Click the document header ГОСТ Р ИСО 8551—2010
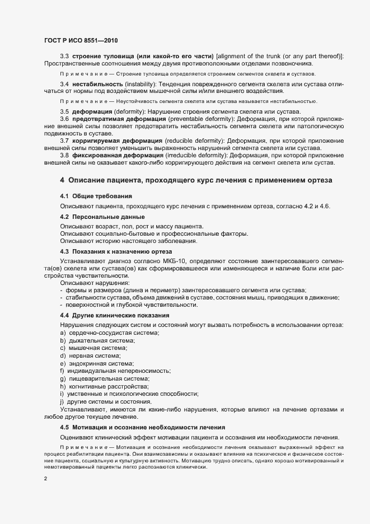[81, 40]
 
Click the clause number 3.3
[64, 57]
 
